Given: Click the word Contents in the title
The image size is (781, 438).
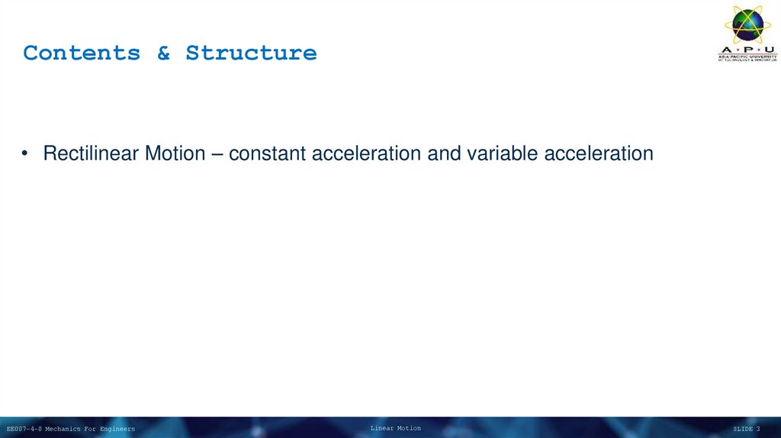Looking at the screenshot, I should click(x=82, y=53).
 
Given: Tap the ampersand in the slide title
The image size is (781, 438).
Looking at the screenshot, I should click(x=164, y=53).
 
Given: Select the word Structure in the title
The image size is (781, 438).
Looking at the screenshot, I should click(x=251, y=53).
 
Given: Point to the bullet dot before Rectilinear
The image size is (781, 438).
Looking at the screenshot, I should click(x=26, y=154).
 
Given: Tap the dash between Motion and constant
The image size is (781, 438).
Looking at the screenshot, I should click(x=217, y=154).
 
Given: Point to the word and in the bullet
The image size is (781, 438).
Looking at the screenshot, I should click(x=443, y=154).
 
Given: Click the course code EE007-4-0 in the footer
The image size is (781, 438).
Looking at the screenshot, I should click(x=24, y=430).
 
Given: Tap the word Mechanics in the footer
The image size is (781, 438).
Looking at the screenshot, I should click(x=62, y=430).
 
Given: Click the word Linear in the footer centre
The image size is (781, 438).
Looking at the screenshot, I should click(x=382, y=429).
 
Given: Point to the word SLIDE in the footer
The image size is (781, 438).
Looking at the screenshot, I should click(x=742, y=430).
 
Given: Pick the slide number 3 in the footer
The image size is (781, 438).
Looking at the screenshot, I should click(x=758, y=430).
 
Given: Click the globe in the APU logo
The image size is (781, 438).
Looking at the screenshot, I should click(x=747, y=24).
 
